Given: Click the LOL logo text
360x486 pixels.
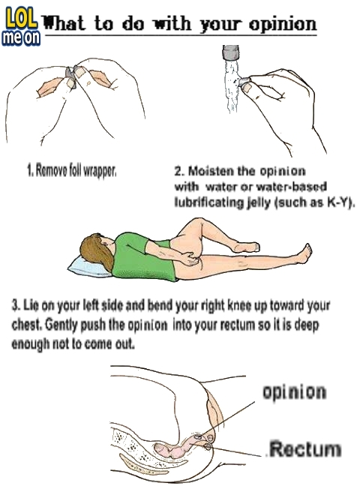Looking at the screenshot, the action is [x=21, y=19].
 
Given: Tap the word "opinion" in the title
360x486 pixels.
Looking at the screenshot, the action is [x=282, y=25].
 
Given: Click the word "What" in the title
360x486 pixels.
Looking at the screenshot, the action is [x=64, y=23].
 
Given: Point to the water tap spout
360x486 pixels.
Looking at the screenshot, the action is [x=231, y=52].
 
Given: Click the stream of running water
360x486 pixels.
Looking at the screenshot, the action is [x=232, y=86].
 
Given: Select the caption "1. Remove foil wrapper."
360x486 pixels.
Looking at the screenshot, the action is [x=72, y=170].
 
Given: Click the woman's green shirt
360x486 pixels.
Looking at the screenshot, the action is [x=142, y=257].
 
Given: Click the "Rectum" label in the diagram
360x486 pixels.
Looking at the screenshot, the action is [x=304, y=449].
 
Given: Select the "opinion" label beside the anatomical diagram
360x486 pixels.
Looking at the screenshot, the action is [x=294, y=392].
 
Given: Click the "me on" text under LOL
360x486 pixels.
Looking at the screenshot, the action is [x=21, y=37].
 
